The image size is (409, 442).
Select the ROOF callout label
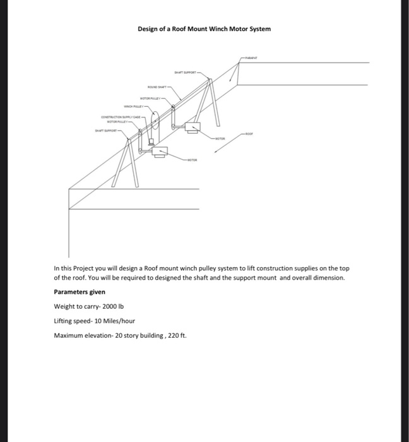pyautogui.click(x=251, y=133)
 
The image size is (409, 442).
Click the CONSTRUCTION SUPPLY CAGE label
pyautogui.click(x=122, y=117)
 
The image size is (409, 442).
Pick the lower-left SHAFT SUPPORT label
pyautogui.click(x=105, y=132)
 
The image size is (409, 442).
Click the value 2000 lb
pyautogui.click(x=108, y=306)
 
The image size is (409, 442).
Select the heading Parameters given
pyautogui.click(x=80, y=292)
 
